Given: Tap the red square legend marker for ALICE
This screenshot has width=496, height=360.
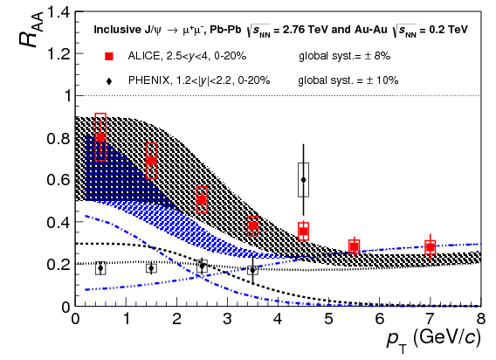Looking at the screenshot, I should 109,57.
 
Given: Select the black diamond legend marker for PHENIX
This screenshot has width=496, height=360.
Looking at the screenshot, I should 109,80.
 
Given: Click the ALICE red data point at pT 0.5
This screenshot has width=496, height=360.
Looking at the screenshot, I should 100,136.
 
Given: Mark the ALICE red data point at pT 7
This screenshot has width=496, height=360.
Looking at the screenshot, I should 430,247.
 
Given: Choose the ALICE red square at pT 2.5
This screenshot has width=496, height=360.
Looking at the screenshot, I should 202,199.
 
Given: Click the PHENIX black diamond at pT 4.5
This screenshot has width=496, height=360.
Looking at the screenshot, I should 303,179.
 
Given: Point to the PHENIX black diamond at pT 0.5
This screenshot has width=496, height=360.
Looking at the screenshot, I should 100,268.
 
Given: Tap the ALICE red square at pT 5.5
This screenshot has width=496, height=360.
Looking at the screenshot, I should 354,246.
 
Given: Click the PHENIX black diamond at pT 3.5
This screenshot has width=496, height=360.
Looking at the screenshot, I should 252,270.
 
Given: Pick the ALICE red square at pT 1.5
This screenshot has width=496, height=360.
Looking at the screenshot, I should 151,161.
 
